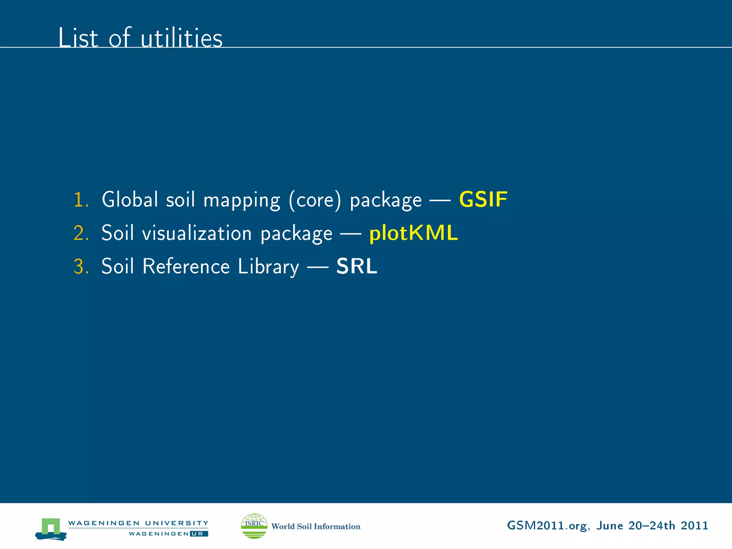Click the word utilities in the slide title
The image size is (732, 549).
click(x=182, y=38)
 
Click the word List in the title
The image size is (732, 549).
click(x=78, y=38)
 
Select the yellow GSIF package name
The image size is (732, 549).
click(x=483, y=199)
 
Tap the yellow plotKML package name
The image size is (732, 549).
click(x=413, y=233)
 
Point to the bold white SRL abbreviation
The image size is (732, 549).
click(x=357, y=266)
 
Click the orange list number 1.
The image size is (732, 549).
click(x=81, y=199)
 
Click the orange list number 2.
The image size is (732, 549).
click(x=81, y=233)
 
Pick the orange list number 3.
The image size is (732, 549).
click(x=81, y=267)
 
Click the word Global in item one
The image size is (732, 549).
click(x=130, y=199)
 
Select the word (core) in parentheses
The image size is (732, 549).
click(x=315, y=200)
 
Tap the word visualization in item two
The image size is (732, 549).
click(x=197, y=233)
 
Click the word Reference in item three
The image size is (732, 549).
click(x=186, y=267)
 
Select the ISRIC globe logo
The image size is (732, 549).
click(x=254, y=526)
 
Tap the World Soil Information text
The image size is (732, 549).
click(x=316, y=526)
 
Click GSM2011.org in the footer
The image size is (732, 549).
click(x=546, y=526)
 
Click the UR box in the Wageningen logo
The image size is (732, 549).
click(x=199, y=534)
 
